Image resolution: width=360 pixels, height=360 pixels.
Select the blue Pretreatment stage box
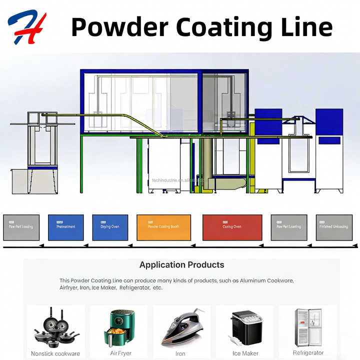(65, 227)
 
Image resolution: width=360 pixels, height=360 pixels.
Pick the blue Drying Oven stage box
(110, 227)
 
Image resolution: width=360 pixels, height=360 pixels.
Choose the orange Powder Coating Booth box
(163, 227)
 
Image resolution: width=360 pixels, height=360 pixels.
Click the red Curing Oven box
(232, 227)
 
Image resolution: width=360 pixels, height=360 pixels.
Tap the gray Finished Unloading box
(334, 227)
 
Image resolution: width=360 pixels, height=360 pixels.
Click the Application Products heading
(181, 265)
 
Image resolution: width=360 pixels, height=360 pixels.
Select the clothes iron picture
(181, 327)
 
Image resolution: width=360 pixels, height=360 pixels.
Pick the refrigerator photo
(308, 326)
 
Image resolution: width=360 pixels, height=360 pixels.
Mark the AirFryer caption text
(120, 353)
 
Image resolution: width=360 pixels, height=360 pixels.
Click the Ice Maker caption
(245, 353)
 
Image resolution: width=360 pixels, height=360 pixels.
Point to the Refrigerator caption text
(308, 353)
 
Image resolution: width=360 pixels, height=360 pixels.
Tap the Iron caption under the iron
(180, 353)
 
